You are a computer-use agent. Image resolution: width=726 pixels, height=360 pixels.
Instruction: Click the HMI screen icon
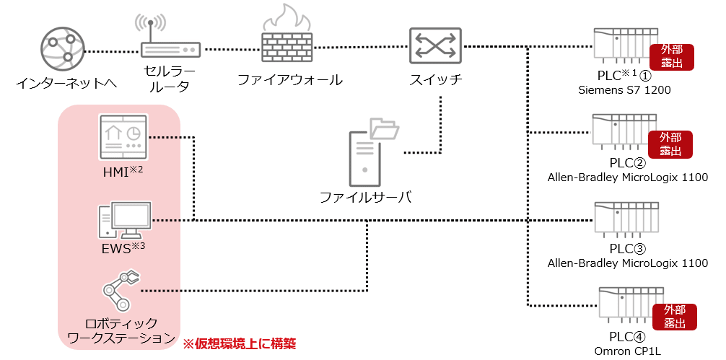(x=122, y=137)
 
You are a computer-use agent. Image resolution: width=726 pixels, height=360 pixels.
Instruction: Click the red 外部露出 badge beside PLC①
(x=672, y=57)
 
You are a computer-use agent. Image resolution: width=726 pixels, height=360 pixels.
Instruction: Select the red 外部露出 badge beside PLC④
(x=674, y=317)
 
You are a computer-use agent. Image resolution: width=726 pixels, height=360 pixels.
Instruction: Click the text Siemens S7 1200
(x=626, y=91)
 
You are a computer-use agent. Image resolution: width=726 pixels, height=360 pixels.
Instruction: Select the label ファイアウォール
(x=289, y=79)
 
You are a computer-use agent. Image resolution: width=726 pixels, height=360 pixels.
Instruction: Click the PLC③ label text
(x=626, y=249)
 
